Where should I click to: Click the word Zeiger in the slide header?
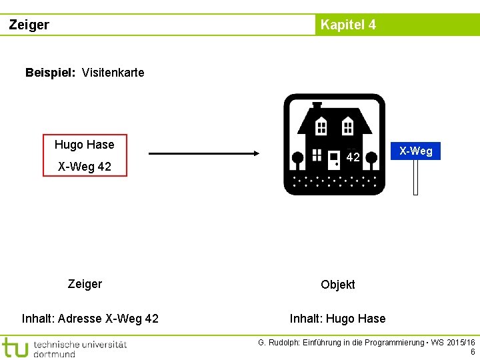tap(29, 25)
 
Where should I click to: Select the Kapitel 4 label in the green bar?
tap(347, 25)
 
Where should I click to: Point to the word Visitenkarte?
tap(113, 73)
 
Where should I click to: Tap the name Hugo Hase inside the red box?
tap(84, 145)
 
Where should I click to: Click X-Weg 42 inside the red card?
tap(84, 167)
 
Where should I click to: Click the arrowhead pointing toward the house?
tap(255, 154)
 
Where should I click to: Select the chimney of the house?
tap(317, 106)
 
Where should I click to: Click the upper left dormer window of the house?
tap(321, 126)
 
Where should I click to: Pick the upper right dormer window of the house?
tap(347, 126)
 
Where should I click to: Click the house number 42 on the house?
tap(353, 158)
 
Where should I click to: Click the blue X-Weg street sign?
tap(415, 151)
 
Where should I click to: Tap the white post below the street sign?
tap(415, 178)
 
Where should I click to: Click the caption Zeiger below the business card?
tap(85, 284)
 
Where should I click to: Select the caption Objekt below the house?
tap(337, 285)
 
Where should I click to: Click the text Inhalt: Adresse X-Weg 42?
tap(90, 319)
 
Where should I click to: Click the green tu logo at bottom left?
tap(15, 347)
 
